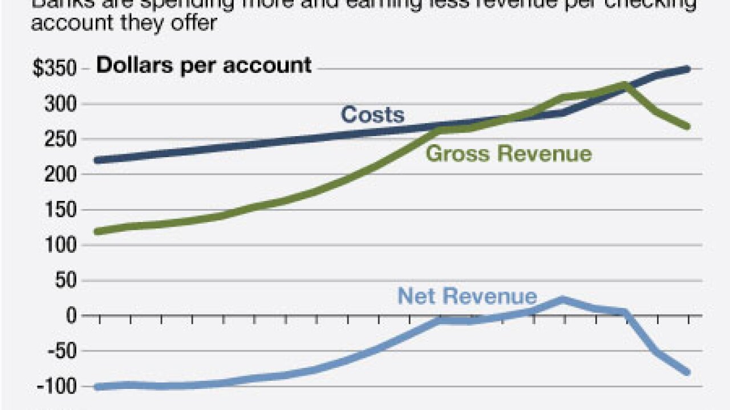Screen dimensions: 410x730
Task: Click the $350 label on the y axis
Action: [54, 69]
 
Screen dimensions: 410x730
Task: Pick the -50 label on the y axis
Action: [59, 351]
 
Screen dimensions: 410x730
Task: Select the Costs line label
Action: [372, 115]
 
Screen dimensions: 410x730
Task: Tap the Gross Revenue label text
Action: [509, 154]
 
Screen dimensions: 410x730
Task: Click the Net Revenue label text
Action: [467, 296]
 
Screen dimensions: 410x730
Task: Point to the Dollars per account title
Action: [204, 65]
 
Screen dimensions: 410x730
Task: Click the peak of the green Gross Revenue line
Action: [625, 85]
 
